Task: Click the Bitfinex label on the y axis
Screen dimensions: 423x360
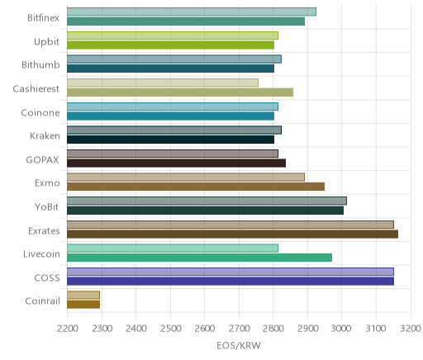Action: click(43, 18)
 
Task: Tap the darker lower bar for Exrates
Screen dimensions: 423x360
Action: click(232, 234)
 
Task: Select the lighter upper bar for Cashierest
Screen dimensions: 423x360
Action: click(163, 83)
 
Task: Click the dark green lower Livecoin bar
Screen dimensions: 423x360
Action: click(199, 258)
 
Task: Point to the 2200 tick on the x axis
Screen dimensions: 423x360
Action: click(68, 329)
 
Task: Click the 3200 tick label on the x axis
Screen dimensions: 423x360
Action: click(411, 329)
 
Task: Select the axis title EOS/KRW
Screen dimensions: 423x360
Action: click(239, 346)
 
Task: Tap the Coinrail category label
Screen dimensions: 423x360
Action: click(42, 301)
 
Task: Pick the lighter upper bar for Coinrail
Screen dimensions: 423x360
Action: click(83, 295)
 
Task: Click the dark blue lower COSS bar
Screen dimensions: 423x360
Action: click(231, 282)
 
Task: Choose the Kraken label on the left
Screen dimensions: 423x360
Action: click(45, 136)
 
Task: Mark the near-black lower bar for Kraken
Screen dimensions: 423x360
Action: click(170, 140)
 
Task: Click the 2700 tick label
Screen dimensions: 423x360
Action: click(239, 329)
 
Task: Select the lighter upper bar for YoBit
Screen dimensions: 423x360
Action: click(207, 201)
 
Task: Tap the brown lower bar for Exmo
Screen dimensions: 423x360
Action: click(196, 187)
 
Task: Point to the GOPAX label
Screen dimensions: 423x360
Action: click(42, 160)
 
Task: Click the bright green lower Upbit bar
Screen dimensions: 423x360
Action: click(170, 45)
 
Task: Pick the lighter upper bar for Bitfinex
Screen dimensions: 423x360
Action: click(192, 12)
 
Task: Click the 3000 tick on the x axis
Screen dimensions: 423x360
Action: click(342, 329)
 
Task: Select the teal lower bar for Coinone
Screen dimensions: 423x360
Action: click(170, 116)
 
